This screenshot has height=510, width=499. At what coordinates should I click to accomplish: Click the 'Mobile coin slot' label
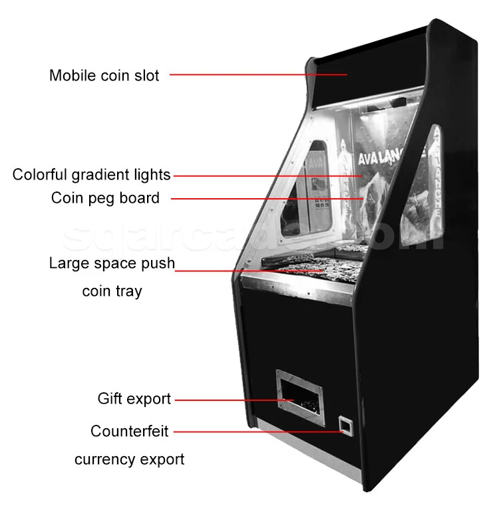click(x=104, y=75)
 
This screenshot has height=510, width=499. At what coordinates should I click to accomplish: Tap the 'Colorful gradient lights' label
click(x=92, y=175)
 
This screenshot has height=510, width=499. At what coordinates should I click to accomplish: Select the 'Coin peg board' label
click(x=105, y=197)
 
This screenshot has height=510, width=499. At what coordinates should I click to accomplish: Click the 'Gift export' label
click(x=134, y=399)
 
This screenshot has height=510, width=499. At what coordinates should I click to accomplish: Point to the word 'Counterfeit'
click(x=130, y=432)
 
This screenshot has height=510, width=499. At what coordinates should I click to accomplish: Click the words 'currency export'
click(x=129, y=459)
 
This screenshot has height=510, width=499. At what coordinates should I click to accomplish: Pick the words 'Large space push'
click(x=112, y=263)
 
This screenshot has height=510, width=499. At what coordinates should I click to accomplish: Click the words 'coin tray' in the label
click(x=112, y=291)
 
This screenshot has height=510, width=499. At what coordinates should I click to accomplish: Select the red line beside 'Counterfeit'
click(x=259, y=432)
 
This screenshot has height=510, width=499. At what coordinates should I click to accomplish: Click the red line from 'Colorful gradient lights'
click(x=266, y=176)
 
